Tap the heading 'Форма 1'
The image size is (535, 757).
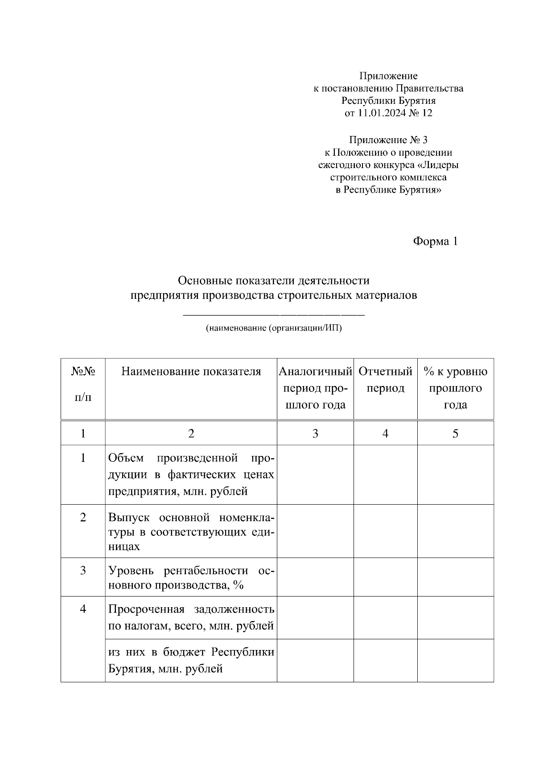coord(435,242)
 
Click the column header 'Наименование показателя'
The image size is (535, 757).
coord(191,371)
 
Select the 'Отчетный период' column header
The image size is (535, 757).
coord(385,379)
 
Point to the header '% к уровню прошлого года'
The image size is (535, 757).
coord(455,388)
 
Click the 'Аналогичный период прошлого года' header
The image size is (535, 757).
coord(315,388)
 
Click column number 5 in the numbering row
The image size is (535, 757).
coord(455,433)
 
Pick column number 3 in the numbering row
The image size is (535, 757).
coord(315,433)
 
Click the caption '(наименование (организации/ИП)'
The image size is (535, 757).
coord(274,329)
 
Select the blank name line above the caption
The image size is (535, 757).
coord(274,315)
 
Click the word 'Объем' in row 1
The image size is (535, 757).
coord(126,458)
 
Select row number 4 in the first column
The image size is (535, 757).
coord(83,609)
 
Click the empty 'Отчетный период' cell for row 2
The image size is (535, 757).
coord(385,531)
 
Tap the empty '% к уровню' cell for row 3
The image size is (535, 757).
coord(455,577)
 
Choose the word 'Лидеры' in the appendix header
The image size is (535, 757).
coord(440,165)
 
